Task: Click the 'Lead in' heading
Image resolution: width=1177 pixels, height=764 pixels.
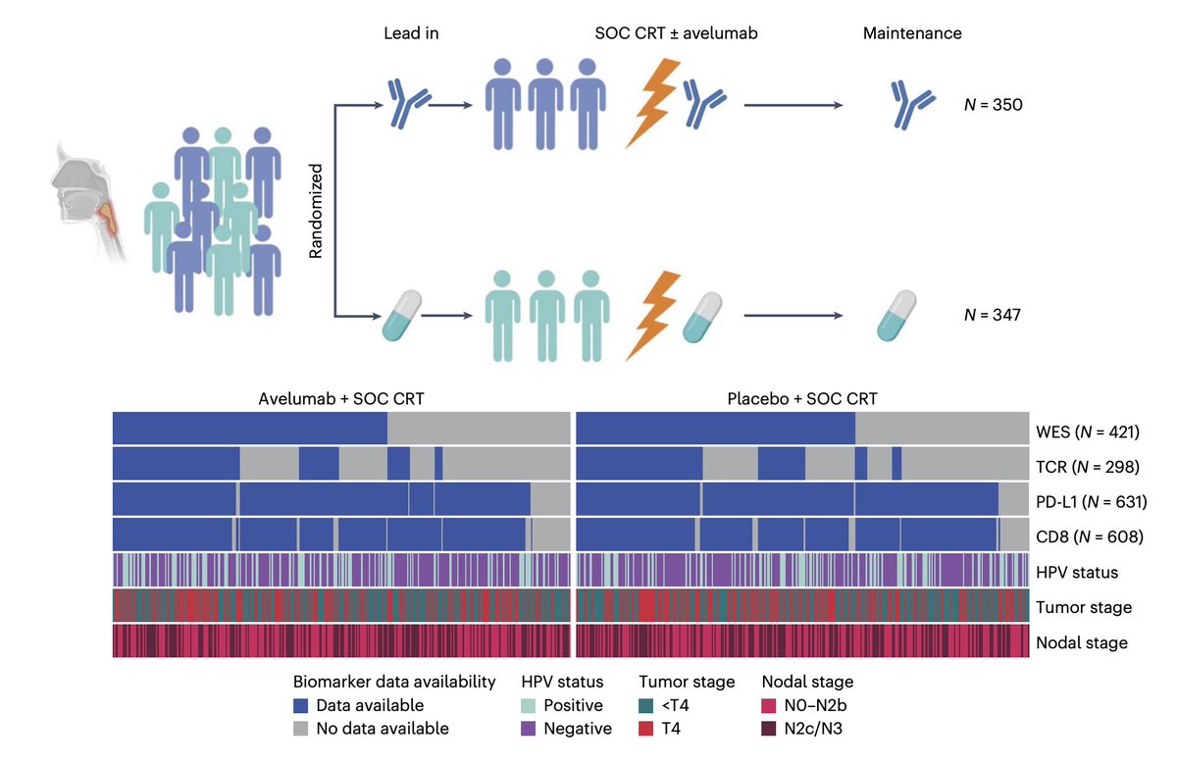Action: [x=411, y=33]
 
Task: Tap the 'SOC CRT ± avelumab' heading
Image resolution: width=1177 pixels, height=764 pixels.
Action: [x=676, y=33]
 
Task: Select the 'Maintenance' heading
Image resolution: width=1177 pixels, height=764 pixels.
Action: [x=912, y=33]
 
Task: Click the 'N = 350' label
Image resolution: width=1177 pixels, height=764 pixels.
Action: [x=993, y=105]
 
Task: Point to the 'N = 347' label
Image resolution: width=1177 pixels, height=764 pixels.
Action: [x=992, y=315]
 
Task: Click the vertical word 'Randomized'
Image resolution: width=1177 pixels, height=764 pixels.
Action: [x=315, y=211]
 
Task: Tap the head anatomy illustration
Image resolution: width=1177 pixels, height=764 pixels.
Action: [x=89, y=200]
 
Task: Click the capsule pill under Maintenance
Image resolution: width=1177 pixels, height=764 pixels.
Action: [x=896, y=315]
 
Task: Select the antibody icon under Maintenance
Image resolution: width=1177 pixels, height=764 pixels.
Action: [x=912, y=105]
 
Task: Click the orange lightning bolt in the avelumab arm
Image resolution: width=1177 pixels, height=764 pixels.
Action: [x=653, y=102]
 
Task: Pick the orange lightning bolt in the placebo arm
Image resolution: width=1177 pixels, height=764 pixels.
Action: [x=653, y=315]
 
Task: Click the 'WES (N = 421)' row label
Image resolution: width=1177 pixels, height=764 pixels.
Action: [x=1087, y=432]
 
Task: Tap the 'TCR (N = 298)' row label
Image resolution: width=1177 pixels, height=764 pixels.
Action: [x=1087, y=467]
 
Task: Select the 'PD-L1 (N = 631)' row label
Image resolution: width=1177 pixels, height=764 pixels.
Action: [x=1091, y=502]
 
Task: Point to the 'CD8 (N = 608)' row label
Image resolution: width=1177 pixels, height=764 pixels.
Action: [x=1090, y=536]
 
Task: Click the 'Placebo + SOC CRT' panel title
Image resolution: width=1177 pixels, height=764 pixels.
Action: [x=802, y=399]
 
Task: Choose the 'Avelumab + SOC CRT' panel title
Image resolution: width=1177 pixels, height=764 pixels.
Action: [x=341, y=399]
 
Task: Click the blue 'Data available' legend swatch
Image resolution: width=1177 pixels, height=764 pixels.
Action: [x=300, y=705]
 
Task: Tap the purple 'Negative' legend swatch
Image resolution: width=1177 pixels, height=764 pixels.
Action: [x=528, y=729]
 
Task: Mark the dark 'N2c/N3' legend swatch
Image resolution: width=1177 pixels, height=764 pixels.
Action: [x=769, y=729]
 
